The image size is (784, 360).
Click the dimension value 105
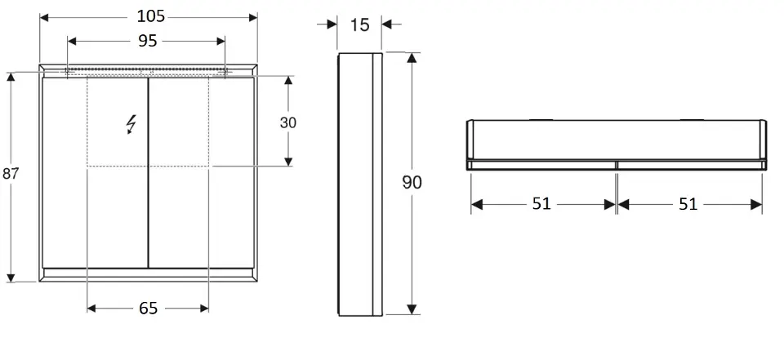click(x=150, y=16)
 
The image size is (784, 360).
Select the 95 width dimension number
click(x=148, y=41)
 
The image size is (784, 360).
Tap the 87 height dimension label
click(x=11, y=174)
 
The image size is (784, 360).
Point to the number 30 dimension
click(x=288, y=122)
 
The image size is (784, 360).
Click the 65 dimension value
click(x=149, y=309)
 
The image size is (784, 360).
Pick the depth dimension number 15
click(x=359, y=24)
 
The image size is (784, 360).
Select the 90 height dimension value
click(x=412, y=183)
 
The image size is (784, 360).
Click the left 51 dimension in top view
click(x=541, y=204)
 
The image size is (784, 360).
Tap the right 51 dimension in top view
click(x=688, y=204)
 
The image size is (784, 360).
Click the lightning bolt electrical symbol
click(x=131, y=124)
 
